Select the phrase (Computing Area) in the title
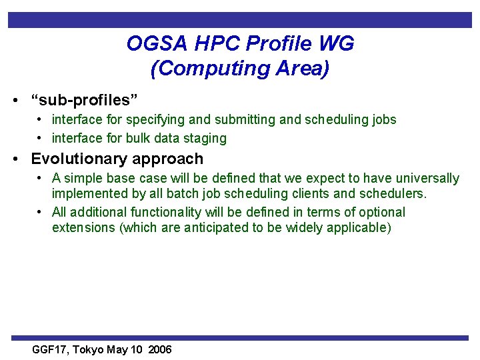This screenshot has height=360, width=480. tap(240, 69)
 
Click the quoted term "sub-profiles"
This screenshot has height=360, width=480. tap(85, 101)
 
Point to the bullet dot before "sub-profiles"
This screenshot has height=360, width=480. tap(15, 101)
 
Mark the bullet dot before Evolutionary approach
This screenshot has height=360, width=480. tap(15, 159)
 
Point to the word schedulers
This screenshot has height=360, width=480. tap(392, 194)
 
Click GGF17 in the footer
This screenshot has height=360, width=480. tap(51, 350)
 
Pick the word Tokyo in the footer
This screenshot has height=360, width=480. tap(89, 350)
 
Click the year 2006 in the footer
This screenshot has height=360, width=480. tap(160, 350)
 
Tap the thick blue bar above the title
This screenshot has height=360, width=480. tap(240, 20)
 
